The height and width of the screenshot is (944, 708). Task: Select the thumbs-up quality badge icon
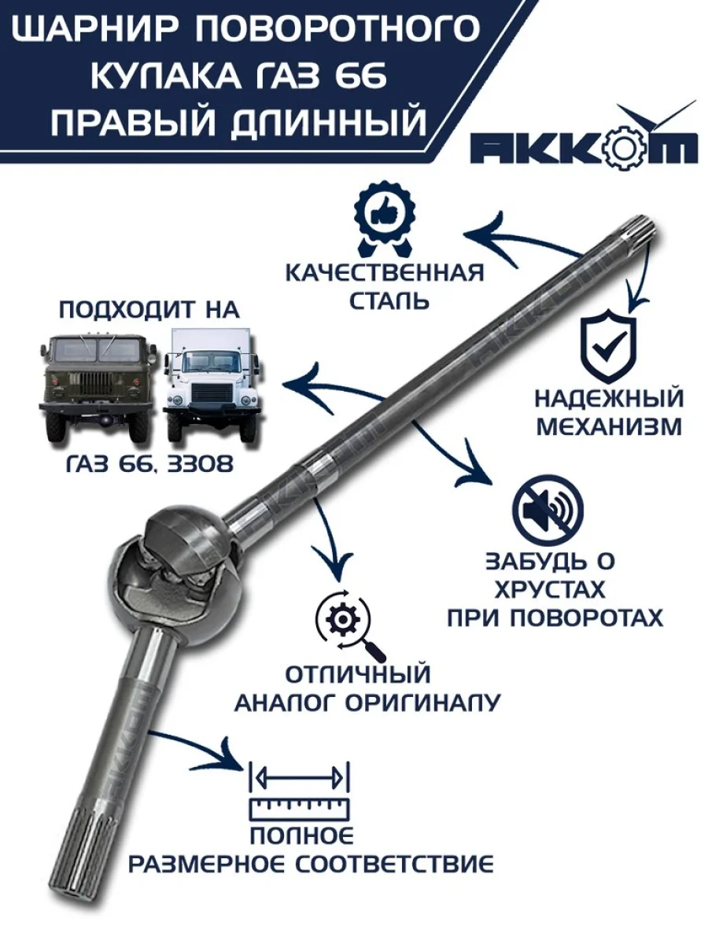tap(385, 224)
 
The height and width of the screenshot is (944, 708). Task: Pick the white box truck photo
tap(212, 385)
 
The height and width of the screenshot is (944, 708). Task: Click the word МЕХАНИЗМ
tap(609, 426)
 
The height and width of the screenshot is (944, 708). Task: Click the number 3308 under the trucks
tap(201, 464)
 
